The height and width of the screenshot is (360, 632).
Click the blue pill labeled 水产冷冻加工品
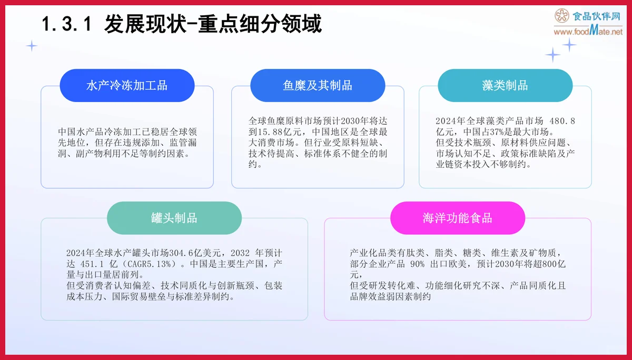click(127, 85)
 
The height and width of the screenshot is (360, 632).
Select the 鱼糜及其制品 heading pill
click(318, 85)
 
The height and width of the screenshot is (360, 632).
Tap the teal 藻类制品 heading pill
click(505, 85)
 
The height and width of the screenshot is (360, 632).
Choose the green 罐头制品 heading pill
click(174, 218)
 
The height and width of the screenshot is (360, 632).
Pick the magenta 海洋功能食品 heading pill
click(457, 218)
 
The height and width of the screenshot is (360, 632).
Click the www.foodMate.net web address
click(588, 32)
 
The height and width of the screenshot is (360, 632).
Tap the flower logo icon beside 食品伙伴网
click(562, 17)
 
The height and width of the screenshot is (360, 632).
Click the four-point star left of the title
click(32, 46)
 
